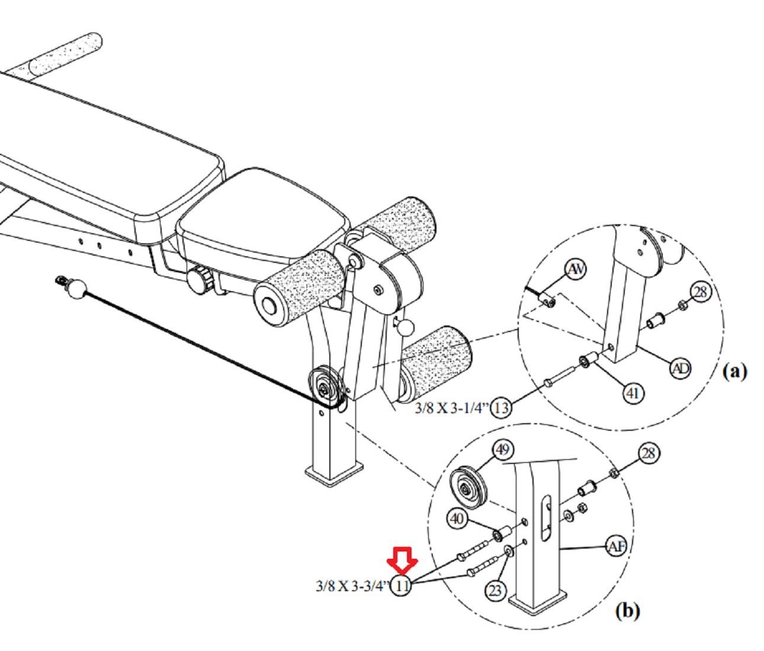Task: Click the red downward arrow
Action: click(402, 560)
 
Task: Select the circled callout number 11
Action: click(402, 586)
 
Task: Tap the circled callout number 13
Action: click(501, 408)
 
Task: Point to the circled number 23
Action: click(495, 591)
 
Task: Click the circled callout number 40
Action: click(458, 519)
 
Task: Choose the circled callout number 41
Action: click(633, 394)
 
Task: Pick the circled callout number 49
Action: click(503, 450)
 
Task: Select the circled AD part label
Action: click(680, 368)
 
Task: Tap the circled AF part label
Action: click(617, 546)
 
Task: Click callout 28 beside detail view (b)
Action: click(649, 453)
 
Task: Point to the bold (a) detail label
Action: click(735, 371)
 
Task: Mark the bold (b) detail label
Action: click(628, 611)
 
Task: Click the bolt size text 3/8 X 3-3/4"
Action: click(353, 586)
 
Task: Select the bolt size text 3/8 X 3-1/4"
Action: click(452, 408)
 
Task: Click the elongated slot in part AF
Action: click(546, 517)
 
